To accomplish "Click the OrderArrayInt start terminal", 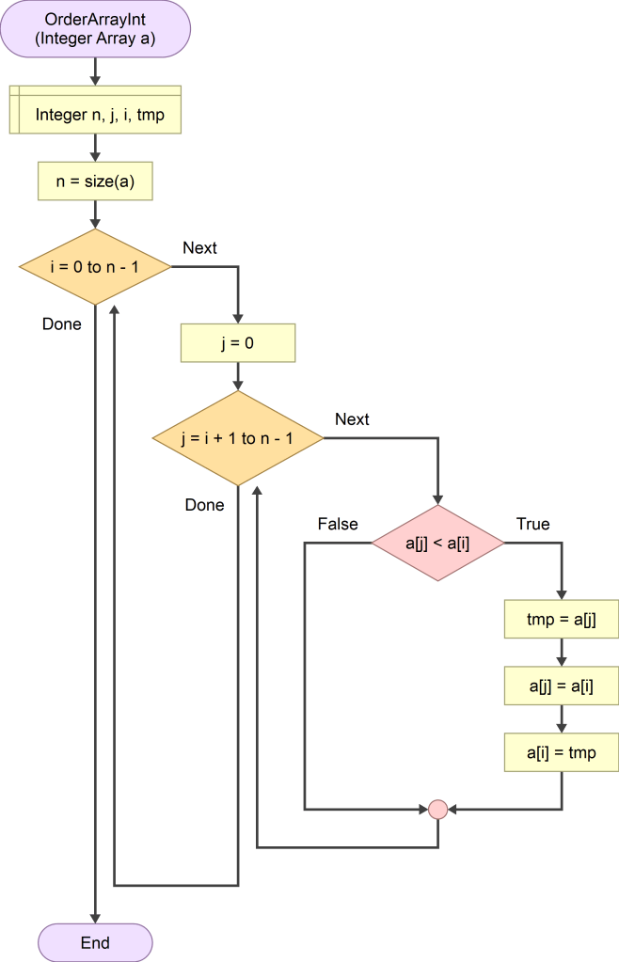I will coord(95,28).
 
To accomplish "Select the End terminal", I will coord(95,942).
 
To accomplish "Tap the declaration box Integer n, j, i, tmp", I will coord(95,115).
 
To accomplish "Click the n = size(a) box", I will coord(95,181).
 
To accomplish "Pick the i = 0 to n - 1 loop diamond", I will coord(95,267).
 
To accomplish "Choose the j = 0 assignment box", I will coord(237,343).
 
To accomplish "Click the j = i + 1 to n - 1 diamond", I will coord(237,438).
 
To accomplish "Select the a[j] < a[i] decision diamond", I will coord(437,543).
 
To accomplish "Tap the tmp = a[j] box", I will coord(562,620).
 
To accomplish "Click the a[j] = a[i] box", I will coord(562,686).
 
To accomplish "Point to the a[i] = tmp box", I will coord(562,753).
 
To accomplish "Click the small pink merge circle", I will coord(437,808).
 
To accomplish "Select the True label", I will coord(532,524).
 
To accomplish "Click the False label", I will coord(338,524).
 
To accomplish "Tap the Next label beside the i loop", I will coord(199,248).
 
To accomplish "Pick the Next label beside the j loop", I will coord(352,419).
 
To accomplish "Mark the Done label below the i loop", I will coord(62,324).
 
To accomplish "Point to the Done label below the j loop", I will coord(204,505).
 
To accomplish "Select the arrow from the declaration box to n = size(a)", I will coord(95,148).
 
